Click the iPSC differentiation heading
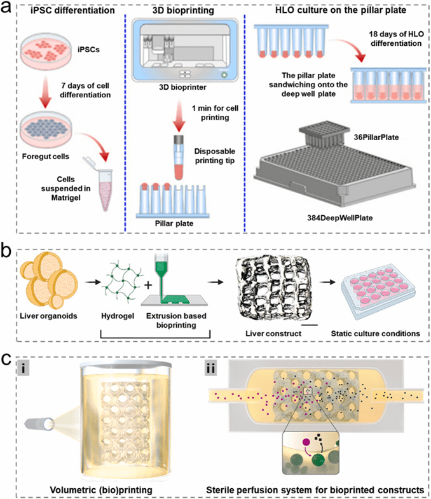[x=69, y=10]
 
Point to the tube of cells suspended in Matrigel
[x=119, y=172]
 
